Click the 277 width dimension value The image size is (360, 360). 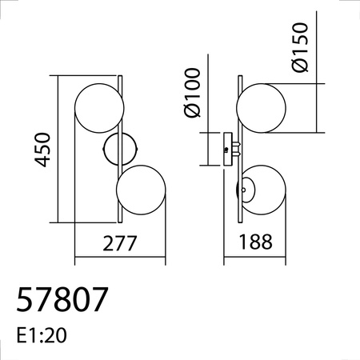click(x=120, y=242)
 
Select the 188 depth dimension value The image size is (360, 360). click(x=256, y=242)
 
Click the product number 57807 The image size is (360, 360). click(x=62, y=300)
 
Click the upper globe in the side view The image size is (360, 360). click(x=261, y=108)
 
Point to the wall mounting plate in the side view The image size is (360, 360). click(x=227, y=150)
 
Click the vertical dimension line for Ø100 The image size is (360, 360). click(x=210, y=150)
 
